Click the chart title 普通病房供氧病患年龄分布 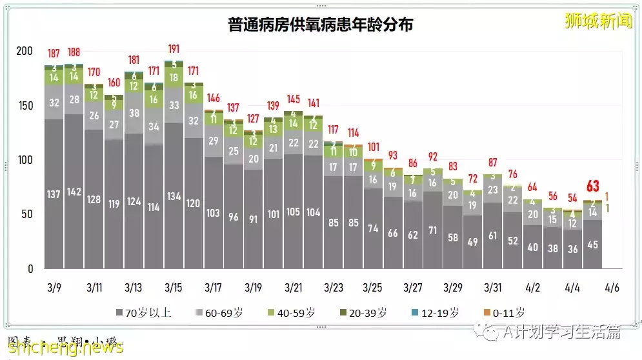[321, 25]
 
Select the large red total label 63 [592, 186]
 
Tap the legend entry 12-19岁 [437, 313]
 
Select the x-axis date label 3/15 [174, 286]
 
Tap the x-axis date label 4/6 [613, 286]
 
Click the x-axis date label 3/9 [54, 286]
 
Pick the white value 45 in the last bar [592, 245]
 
